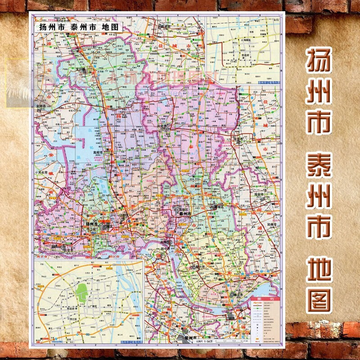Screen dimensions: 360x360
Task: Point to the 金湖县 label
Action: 41,106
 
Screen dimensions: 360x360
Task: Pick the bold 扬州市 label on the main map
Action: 92,224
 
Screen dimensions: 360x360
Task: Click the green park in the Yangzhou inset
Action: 81,292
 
